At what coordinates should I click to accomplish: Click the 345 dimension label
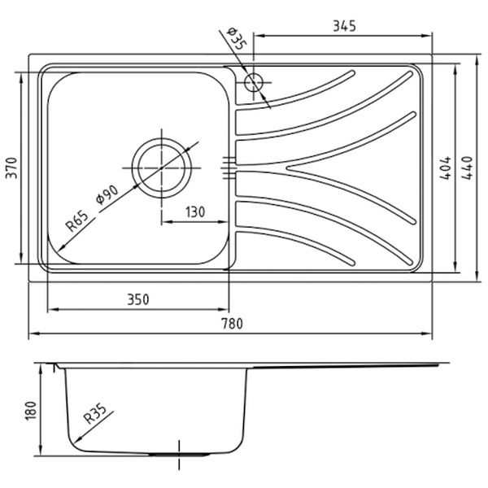[x=344, y=26]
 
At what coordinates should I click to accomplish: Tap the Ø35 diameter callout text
[x=236, y=38]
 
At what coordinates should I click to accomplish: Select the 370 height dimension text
[x=12, y=168]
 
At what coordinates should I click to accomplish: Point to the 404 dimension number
[x=445, y=168]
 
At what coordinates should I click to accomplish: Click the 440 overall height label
[x=467, y=168]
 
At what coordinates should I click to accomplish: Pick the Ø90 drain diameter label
[x=107, y=194]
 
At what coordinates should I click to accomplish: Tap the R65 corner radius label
[x=77, y=220]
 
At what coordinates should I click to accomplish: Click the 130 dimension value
[x=195, y=212]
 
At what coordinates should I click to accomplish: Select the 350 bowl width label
[x=138, y=299]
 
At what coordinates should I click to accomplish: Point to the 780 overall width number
[x=232, y=324]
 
